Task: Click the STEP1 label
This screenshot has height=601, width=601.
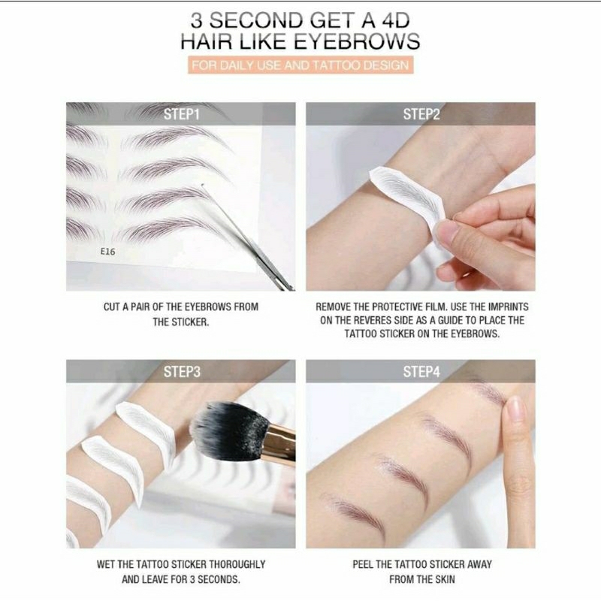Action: point(181,114)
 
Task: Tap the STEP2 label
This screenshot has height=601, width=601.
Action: point(421,114)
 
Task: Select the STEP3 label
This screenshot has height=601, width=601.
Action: point(182,372)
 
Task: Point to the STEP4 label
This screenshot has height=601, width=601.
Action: point(421,372)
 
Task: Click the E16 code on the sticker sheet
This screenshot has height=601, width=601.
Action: point(107,252)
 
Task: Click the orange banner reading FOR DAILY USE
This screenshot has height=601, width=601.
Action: point(300,65)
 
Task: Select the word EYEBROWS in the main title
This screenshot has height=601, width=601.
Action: point(356,41)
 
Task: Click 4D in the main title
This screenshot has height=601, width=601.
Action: point(396,20)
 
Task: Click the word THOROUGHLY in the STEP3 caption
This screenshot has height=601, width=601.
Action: point(237,564)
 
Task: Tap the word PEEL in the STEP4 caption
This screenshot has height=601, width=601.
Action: point(363,564)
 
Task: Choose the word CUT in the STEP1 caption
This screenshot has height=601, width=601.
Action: point(111,307)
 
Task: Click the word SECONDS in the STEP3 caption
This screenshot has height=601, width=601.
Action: point(219,579)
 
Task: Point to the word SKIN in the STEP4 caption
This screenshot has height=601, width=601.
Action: point(445,579)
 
